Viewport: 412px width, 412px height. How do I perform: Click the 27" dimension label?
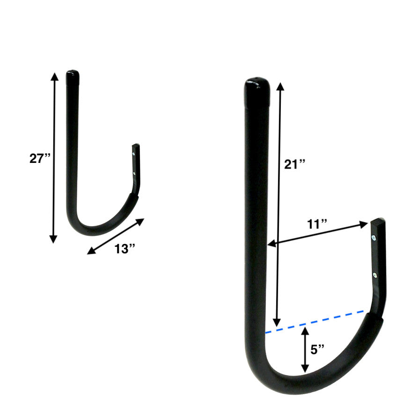click(x=40, y=158)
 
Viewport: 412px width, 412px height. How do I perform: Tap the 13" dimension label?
click(x=124, y=249)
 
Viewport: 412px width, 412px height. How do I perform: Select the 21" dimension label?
click(x=295, y=164)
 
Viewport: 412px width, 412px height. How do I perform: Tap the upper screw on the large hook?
click(x=374, y=238)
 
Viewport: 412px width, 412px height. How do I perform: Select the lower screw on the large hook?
click(x=375, y=275)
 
